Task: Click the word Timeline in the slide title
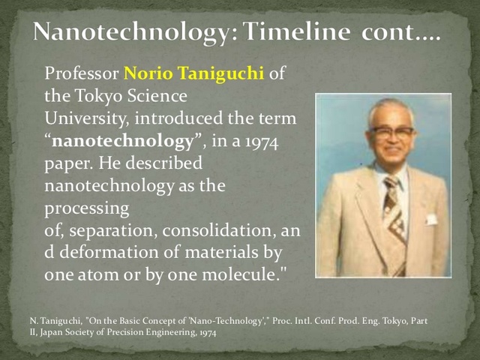pyautogui.click(x=292, y=31)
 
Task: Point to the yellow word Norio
pyautogui.click(x=149, y=75)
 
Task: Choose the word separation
pyautogui.click(x=106, y=229)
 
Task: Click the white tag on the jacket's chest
pyautogui.click(x=432, y=219)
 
